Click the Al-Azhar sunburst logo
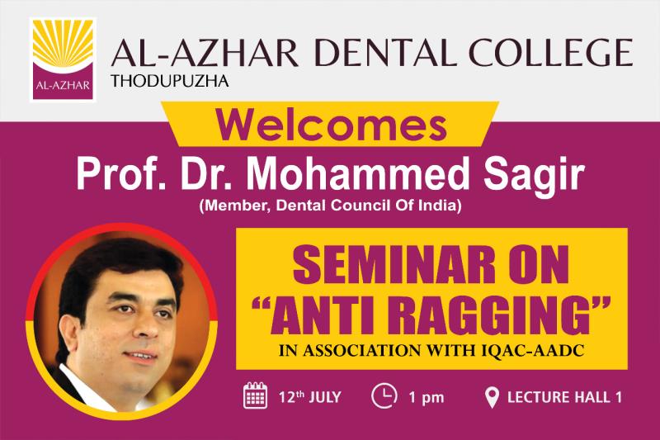pyautogui.click(x=64, y=59)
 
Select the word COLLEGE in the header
pyautogui.click(x=551, y=53)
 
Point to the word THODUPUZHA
pyautogui.click(x=170, y=80)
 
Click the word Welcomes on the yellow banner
pyautogui.click(x=331, y=125)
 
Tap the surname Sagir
pyautogui.click(x=534, y=177)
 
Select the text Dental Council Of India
pyautogui.click(x=366, y=206)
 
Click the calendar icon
pyautogui.click(x=255, y=395)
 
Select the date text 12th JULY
pyautogui.click(x=310, y=397)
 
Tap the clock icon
pyautogui.click(x=384, y=395)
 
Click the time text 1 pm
pyautogui.click(x=427, y=397)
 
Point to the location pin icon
pyautogui.click(x=492, y=397)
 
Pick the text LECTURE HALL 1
pyautogui.click(x=564, y=397)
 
